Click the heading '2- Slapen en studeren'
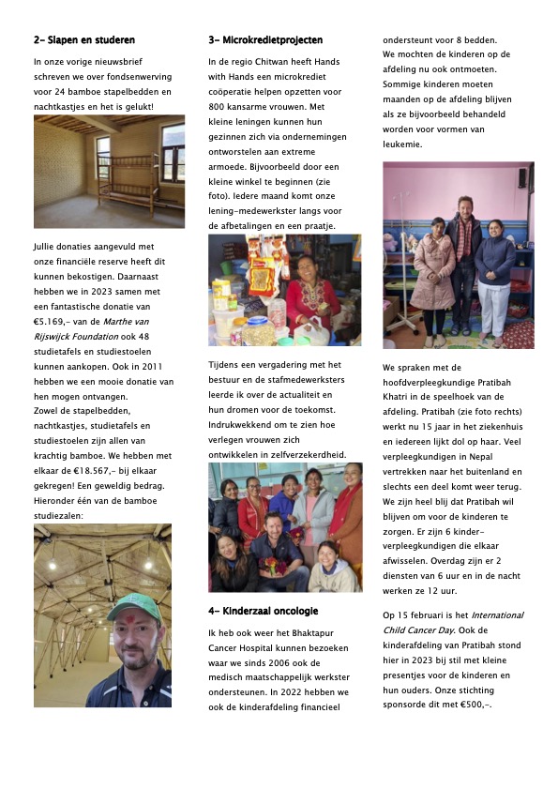[x=84, y=40]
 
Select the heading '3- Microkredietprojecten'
[x=265, y=40]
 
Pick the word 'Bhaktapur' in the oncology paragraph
[x=314, y=632]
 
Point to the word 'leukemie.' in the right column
[x=402, y=144]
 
